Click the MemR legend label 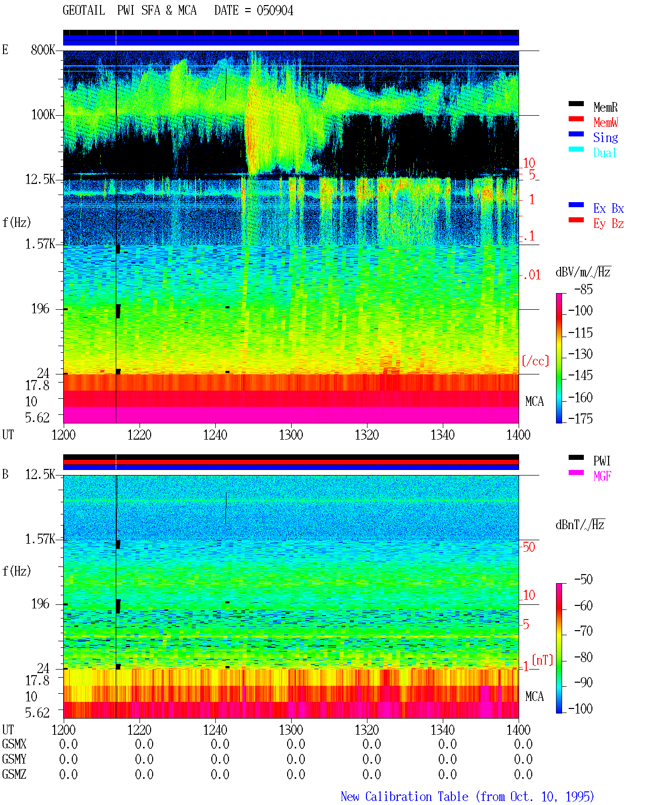605,107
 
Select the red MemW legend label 605,122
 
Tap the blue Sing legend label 605,137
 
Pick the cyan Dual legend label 605,153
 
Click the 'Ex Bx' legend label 608,208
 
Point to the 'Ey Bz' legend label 608,224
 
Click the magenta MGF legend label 602,476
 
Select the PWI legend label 602,461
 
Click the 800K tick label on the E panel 43,50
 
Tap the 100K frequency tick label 43,115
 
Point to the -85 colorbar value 583,290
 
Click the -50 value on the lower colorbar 583,580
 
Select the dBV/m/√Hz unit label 583,272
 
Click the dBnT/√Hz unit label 580,525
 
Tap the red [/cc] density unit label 535,361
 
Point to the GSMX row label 14,744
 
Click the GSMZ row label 14,774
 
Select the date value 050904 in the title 275,11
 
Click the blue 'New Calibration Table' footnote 404,796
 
